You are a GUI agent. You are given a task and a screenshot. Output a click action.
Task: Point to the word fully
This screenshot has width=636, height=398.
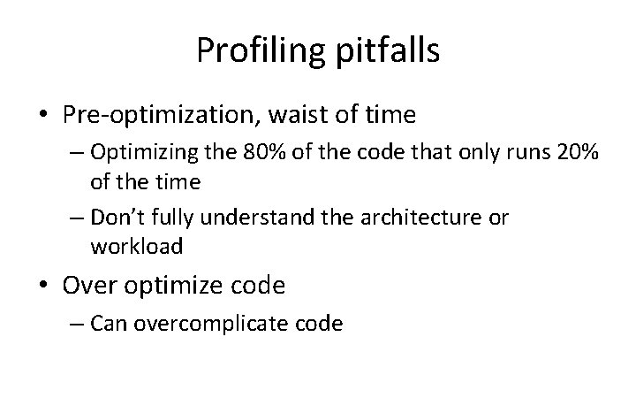175,218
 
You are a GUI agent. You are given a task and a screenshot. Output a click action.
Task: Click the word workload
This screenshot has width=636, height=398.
136,247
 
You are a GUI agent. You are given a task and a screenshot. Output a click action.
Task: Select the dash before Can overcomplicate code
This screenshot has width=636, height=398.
78,325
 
